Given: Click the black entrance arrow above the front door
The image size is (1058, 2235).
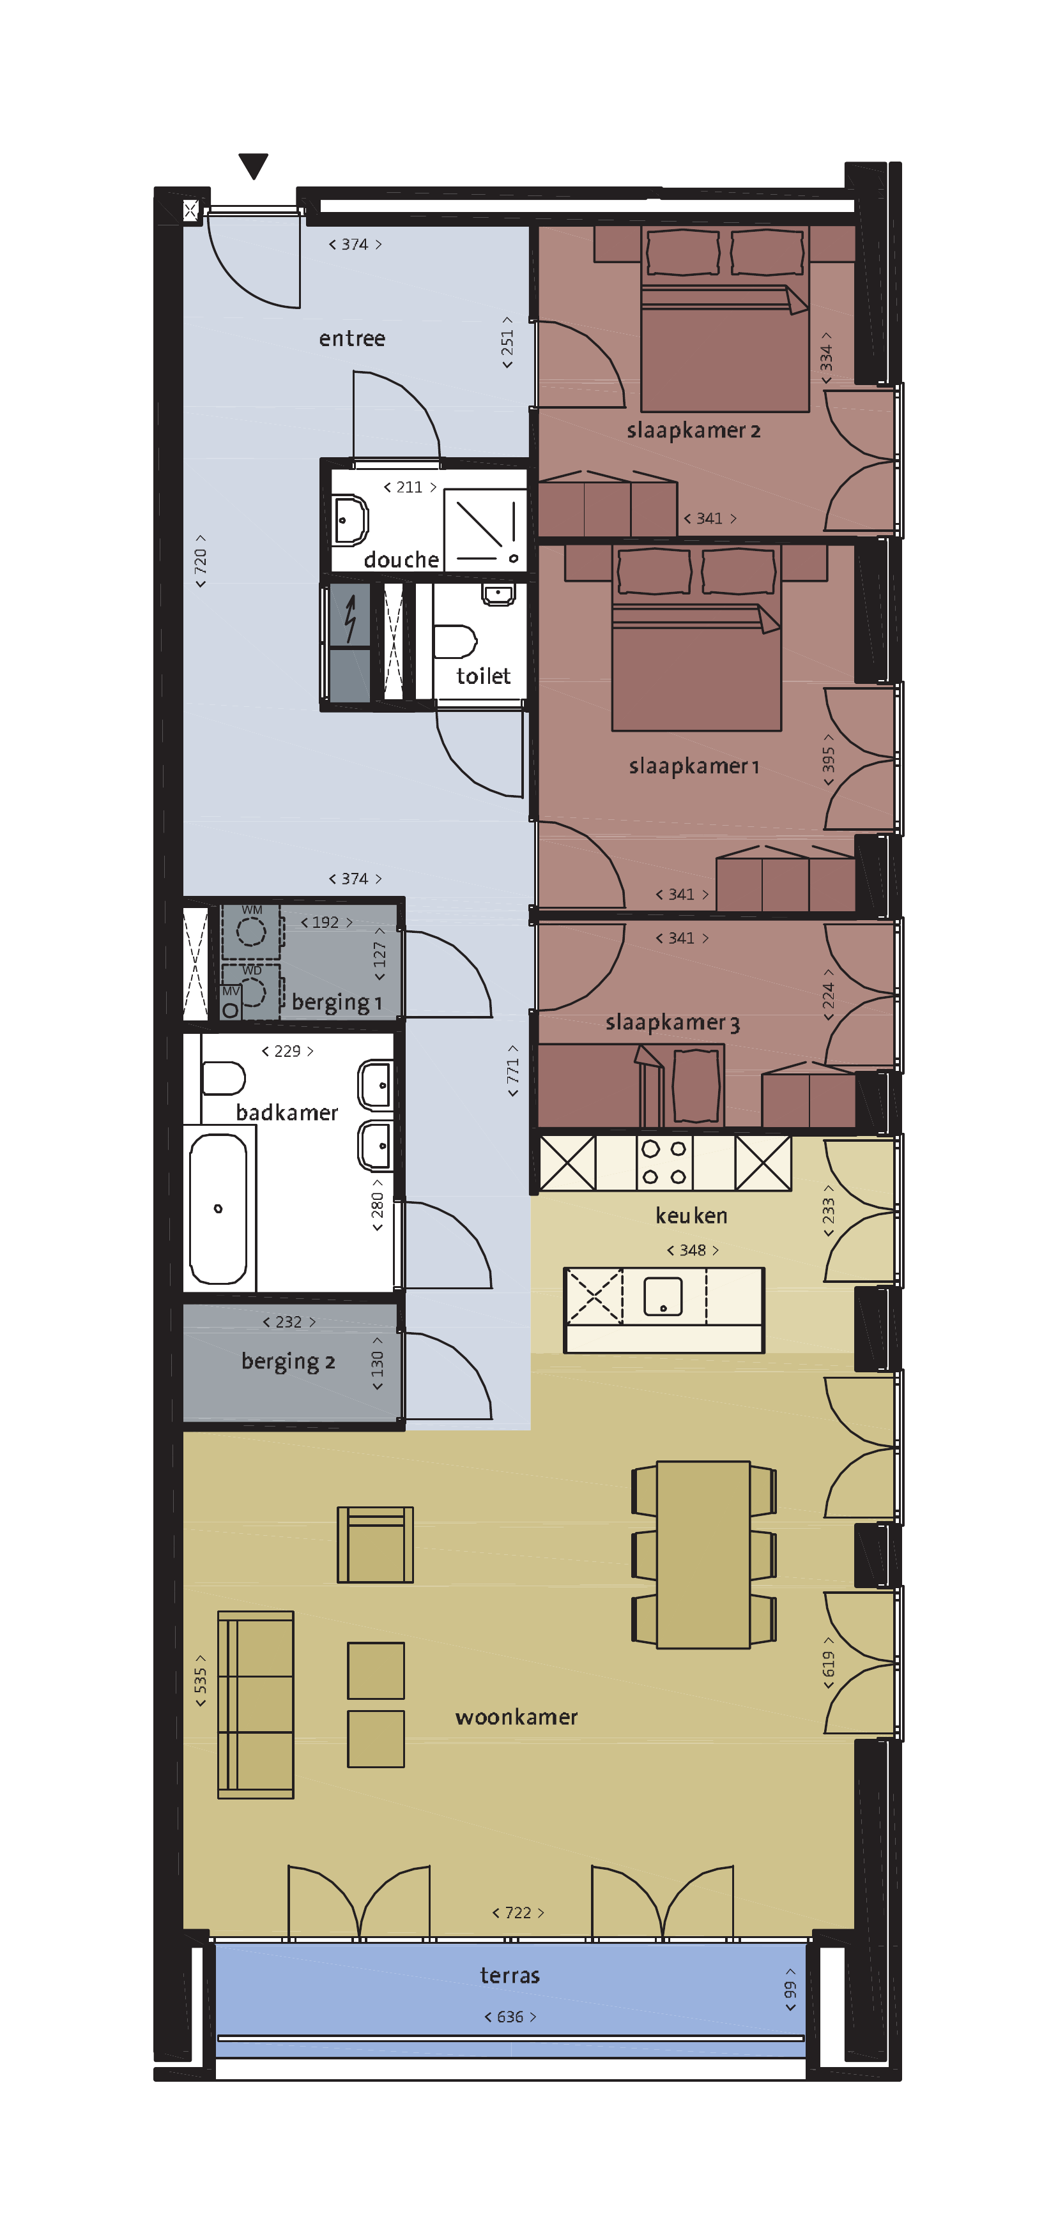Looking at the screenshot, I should [254, 165].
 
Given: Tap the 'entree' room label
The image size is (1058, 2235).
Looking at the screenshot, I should [351, 338].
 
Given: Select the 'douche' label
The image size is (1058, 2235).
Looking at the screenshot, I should [401, 559].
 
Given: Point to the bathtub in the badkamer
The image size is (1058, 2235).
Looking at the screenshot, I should [218, 1208].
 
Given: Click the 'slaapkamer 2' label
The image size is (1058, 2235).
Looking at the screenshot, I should [693, 430].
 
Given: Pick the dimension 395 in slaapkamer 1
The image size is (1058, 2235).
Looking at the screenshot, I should [828, 760].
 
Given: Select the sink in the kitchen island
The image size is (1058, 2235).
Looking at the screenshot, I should [663, 1297].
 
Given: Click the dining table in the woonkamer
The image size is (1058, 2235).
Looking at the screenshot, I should [703, 1554].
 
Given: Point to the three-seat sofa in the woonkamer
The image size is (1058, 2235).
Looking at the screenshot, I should [255, 1704].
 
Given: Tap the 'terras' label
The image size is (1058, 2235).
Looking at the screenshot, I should [509, 1976].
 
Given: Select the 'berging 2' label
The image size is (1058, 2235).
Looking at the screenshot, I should [287, 1361].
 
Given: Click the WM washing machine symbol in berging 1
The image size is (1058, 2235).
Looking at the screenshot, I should [252, 932].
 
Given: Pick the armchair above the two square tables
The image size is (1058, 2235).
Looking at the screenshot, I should [375, 1544].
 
